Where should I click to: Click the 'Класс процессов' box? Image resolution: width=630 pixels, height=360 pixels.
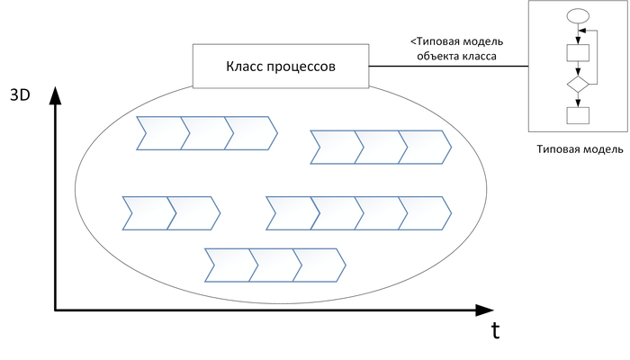[281, 67]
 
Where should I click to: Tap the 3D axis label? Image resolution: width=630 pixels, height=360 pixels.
[20, 95]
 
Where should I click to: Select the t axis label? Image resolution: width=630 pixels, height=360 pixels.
[496, 330]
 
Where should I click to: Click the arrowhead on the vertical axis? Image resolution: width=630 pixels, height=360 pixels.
[55, 95]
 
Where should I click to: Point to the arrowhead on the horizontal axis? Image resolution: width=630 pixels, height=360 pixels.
[484, 310]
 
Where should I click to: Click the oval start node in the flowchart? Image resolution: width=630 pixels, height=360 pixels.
[578, 16]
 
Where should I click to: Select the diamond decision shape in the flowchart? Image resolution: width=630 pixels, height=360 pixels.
[578, 85]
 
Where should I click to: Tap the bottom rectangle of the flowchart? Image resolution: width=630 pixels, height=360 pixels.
[578, 115]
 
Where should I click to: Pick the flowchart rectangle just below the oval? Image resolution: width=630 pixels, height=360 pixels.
[578, 52]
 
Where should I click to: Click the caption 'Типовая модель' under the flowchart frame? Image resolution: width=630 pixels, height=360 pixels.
[580, 149]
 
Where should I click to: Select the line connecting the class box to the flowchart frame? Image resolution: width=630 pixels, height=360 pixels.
[448, 67]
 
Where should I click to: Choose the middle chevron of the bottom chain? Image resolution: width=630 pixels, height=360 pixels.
[275, 265]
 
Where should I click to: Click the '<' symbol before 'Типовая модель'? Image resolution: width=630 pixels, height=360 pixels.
[413, 41]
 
